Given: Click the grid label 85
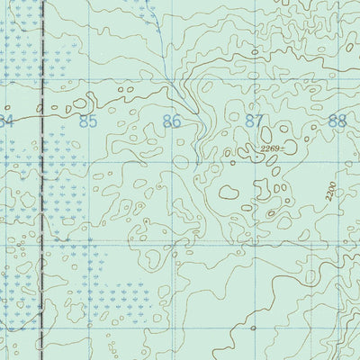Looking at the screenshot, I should click(86, 120).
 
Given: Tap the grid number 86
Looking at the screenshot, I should click(172, 120).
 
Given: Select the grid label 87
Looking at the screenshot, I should click(255, 120).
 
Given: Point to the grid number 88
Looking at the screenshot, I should click(337, 120).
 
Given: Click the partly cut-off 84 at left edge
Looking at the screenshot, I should click(6, 120).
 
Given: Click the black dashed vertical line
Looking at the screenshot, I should click(42, 180).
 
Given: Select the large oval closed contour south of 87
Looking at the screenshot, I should click(228, 191).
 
